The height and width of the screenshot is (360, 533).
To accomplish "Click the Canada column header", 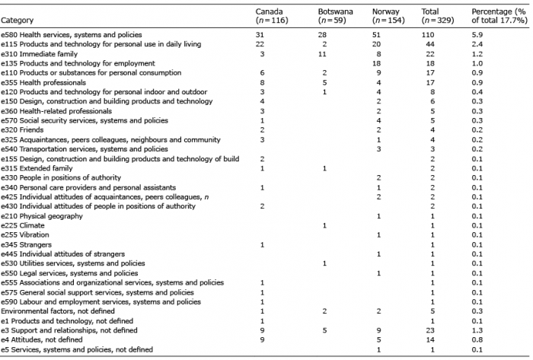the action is [x=272, y=16].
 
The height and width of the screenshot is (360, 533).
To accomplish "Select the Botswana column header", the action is [x=335, y=16].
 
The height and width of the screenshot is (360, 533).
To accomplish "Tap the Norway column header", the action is [x=388, y=16].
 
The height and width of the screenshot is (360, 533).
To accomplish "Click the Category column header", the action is [x=17, y=21].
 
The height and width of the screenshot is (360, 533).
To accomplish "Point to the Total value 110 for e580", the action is [x=428, y=35].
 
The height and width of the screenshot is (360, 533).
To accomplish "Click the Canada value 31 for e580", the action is [x=260, y=35].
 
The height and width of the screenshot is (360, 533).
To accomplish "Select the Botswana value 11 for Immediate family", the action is [x=322, y=54].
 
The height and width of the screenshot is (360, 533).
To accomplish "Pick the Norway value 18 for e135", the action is [x=376, y=63].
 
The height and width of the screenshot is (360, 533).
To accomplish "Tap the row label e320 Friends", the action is [x=22, y=129].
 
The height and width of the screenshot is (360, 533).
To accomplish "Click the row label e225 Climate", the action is [x=22, y=225].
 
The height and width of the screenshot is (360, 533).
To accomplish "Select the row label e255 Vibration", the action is [x=25, y=234].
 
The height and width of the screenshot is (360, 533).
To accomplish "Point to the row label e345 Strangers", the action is [x=26, y=244].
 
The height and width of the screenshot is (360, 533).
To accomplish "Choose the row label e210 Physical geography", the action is [x=42, y=216].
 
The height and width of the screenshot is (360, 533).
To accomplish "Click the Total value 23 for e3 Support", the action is [x=430, y=330].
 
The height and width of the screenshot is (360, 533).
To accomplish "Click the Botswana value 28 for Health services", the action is [x=322, y=35].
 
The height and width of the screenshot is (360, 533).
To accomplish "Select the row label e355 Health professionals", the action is [x=43, y=82].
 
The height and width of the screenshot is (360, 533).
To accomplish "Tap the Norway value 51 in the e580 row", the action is [x=376, y=35].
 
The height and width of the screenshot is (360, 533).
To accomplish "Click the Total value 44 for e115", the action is [x=430, y=44].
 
